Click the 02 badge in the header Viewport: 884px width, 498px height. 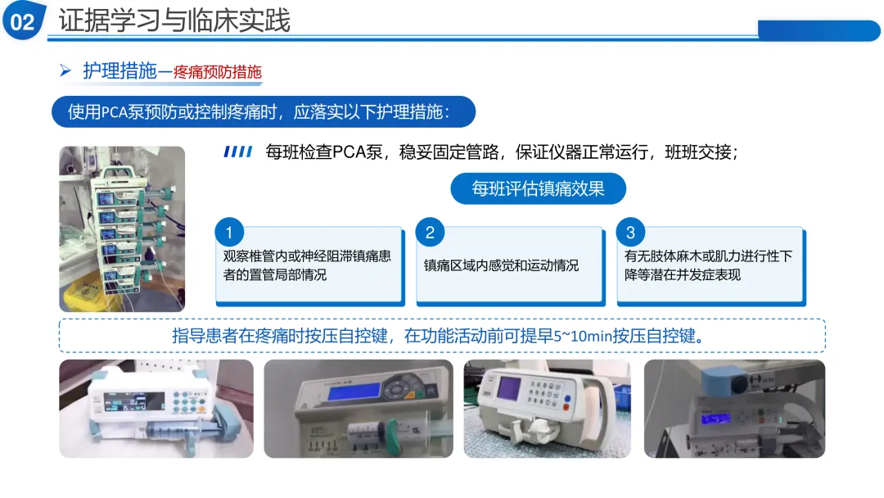point(23,20)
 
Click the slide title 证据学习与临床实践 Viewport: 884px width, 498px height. point(174,20)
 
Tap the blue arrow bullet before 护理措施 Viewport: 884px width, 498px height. point(65,70)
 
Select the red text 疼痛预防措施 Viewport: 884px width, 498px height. point(218,72)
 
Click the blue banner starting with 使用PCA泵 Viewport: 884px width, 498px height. point(264,111)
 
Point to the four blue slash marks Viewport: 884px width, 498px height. point(238,152)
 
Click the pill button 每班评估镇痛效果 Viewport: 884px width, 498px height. point(538,188)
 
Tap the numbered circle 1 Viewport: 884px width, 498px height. point(229,233)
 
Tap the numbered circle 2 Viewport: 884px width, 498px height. point(430,233)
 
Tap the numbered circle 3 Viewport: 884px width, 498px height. point(630,233)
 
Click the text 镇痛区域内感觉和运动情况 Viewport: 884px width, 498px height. point(501,265)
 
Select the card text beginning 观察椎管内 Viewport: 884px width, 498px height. point(307,265)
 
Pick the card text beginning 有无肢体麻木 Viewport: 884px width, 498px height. point(708,265)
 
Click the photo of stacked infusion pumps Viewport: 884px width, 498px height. point(122,229)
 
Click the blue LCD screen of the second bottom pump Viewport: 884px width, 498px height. point(354,392)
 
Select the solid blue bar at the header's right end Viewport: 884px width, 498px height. point(819,30)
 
